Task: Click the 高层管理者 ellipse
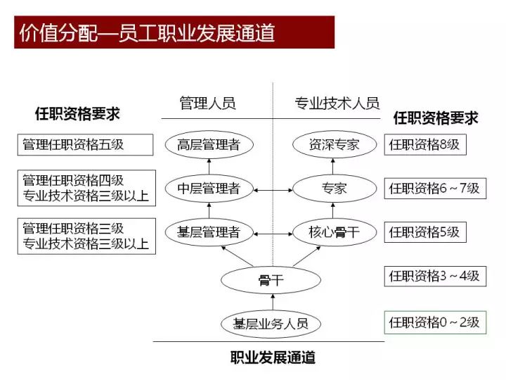[209, 144]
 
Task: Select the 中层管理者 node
[209, 189]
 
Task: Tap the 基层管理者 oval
[209, 232]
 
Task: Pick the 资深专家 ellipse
[335, 144]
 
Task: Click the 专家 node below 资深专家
[335, 189]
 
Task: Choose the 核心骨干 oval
[335, 232]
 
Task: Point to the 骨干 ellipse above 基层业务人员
[271, 280]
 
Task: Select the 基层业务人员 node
[271, 324]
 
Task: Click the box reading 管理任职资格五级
[85, 145]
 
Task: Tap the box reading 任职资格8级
[425, 144]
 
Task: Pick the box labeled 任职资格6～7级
[435, 189]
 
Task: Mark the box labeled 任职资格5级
[425, 232]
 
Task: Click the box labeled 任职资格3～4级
[435, 276]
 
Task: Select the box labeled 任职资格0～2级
[435, 322]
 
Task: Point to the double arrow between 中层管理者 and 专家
[273, 190]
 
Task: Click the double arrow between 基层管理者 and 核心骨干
[273, 234]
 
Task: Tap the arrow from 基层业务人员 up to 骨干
[273, 302]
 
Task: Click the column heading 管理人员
[207, 103]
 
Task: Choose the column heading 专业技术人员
[337, 103]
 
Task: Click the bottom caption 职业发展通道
[273, 357]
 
